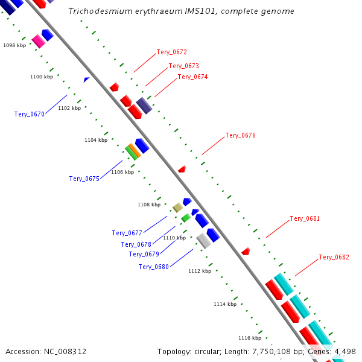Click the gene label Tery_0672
tap(171, 52)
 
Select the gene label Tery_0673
tap(183, 66)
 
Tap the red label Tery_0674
tap(192, 77)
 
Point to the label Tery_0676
tap(240, 135)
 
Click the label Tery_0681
tap(305, 218)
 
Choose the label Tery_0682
tap(334, 257)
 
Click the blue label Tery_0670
tap(30, 114)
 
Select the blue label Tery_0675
tap(84, 179)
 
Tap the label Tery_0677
tap(127, 233)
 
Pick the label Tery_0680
tap(153, 267)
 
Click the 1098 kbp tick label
tap(14, 45)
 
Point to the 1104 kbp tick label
tap(96, 140)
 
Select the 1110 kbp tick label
tap(174, 238)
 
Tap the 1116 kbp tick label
tap(250, 338)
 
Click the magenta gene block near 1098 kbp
tap(38, 41)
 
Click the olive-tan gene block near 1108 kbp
tap(177, 208)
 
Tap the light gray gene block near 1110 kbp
tap(204, 241)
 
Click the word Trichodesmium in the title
tap(97, 11)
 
